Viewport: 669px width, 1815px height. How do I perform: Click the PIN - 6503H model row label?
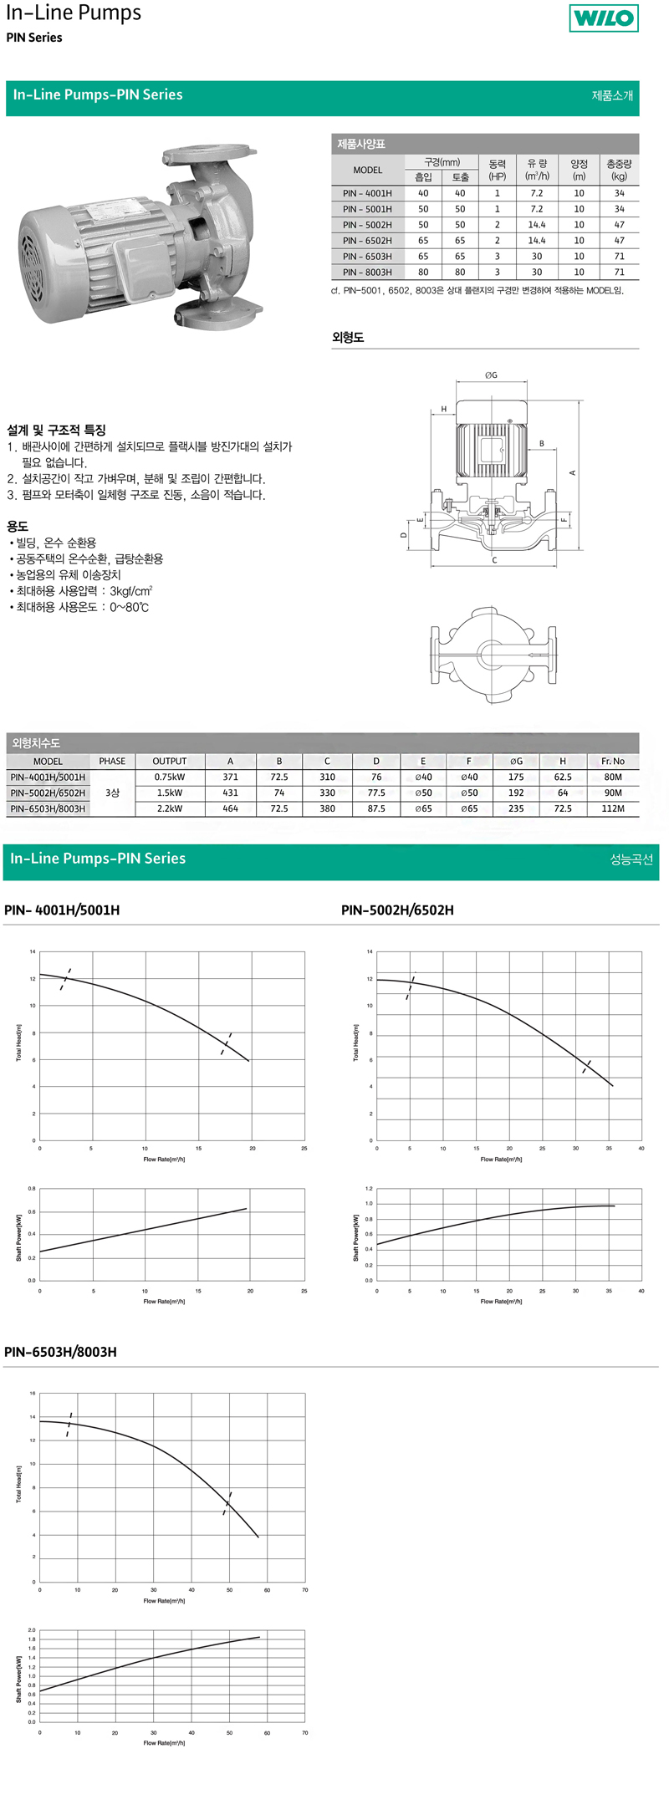[x=367, y=257]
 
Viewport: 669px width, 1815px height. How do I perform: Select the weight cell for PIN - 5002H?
[x=619, y=225]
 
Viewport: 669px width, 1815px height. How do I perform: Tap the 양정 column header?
[x=579, y=170]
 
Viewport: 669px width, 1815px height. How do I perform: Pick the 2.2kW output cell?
[x=169, y=808]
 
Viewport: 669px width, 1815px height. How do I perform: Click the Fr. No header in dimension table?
[x=612, y=761]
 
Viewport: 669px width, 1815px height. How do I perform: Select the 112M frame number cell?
[x=612, y=808]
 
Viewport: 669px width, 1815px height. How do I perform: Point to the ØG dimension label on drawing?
[x=491, y=375]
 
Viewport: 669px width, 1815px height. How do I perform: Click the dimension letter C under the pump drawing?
[x=494, y=560]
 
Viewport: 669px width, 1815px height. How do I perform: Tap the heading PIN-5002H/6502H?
[x=397, y=910]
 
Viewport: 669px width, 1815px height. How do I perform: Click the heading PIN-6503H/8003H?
[x=60, y=1352]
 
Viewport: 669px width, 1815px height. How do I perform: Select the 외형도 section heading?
[x=348, y=338]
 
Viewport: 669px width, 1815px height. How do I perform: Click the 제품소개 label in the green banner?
[x=612, y=95]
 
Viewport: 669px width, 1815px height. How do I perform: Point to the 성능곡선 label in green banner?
[x=631, y=859]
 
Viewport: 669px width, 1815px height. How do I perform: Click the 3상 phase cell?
[x=112, y=793]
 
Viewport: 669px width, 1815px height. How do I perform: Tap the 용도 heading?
[x=18, y=526]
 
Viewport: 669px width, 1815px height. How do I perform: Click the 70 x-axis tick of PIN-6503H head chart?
[x=305, y=1589]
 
